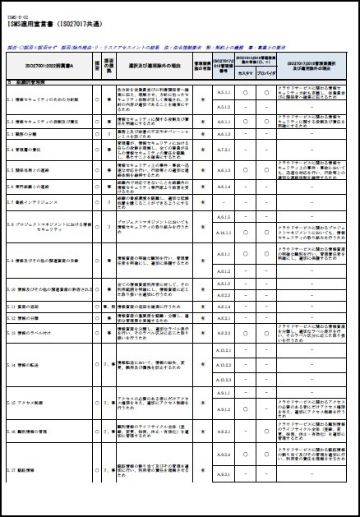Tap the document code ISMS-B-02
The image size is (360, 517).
point(17,13)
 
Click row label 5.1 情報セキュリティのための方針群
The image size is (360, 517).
point(41,99)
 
